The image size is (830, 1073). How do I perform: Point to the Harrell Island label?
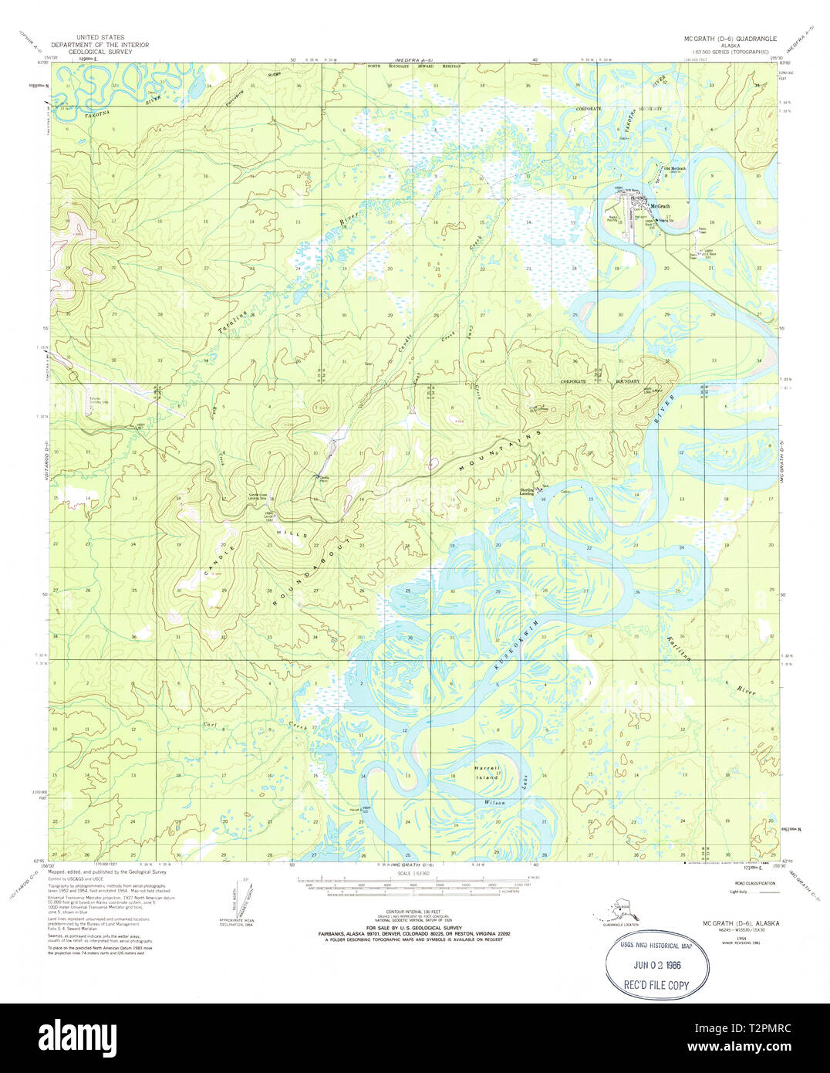pos(488,773)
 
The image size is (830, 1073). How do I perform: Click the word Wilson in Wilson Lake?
pos(494,803)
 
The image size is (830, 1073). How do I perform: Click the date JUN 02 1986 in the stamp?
pos(657,965)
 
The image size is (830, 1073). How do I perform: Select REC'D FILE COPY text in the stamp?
pos(656,985)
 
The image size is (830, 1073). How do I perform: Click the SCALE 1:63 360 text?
pos(415,874)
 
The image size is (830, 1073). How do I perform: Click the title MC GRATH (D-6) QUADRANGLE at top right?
pos(730,38)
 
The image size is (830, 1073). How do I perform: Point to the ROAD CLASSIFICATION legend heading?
pos(755,882)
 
